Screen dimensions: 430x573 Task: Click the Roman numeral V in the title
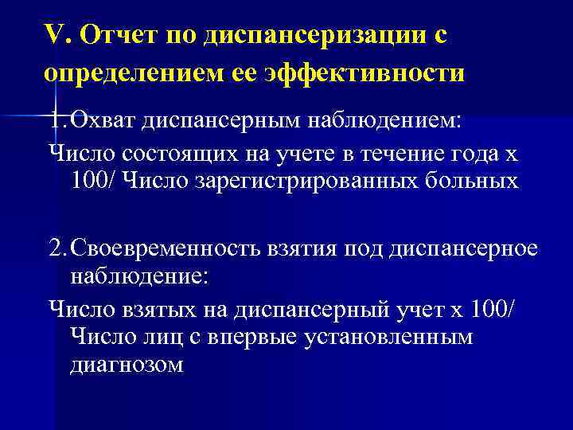[x=53, y=36]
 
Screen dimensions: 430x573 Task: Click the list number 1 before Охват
[x=53, y=120]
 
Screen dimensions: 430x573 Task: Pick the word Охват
[x=97, y=120]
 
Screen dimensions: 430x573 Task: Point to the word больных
[x=470, y=181]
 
